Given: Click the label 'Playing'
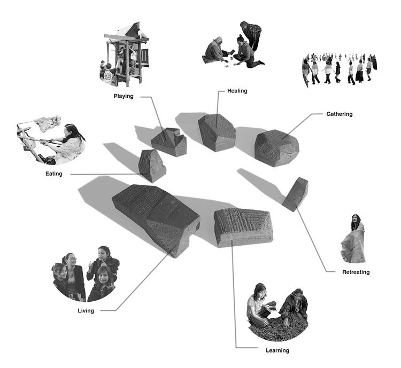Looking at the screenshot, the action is tap(124, 96).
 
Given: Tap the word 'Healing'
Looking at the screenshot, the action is tap(237, 91).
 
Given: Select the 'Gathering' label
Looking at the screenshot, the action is tap(339, 114).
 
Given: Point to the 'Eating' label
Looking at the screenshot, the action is tap(53, 174).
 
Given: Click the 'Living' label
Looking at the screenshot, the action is tap(86, 311).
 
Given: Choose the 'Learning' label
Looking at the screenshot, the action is tap(277, 350).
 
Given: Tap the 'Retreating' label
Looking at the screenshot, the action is tap(356, 272).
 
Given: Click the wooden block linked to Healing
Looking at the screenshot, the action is tap(217, 132).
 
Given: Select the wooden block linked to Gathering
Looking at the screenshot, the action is tap(277, 148).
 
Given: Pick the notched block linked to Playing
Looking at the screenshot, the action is tap(169, 142).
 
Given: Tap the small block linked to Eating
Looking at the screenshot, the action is tap(152, 166).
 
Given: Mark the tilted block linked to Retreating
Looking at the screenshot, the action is tap(295, 194).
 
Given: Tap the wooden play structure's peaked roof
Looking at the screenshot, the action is tap(129, 29).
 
